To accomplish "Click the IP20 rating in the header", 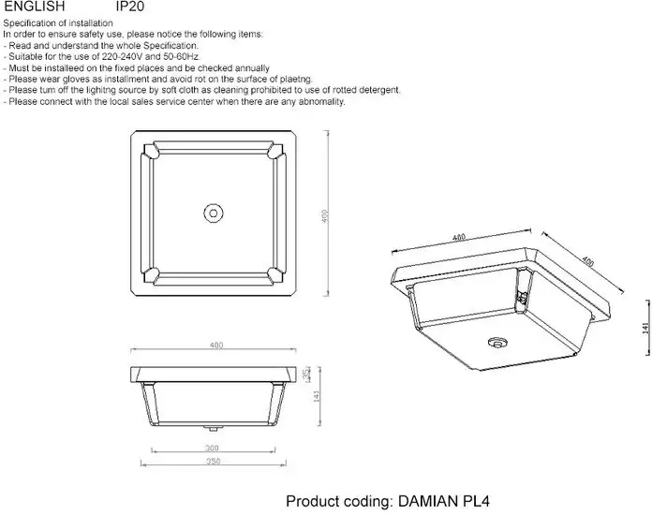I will tap(129, 7).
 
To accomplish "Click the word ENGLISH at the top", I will tap(34, 7).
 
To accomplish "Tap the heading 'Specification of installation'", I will tap(57, 22).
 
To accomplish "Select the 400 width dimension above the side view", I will tap(215, 346).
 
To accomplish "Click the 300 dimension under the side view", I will tap(212, 448).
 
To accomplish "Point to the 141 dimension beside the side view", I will tap(318, 396).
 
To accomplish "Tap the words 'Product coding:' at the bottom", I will tap(335, 501).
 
